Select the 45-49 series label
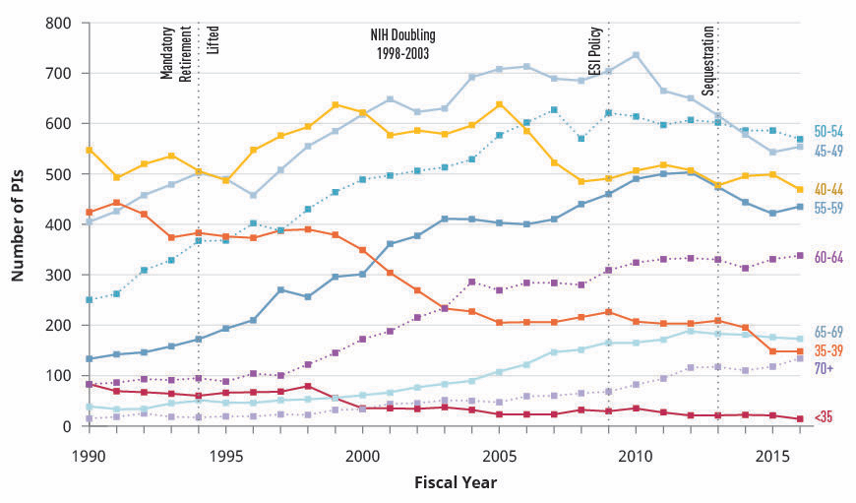[828, 151]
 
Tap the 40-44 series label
[828, 190]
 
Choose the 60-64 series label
[828, 257]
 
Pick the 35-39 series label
[828, 351]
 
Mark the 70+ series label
[825, 369]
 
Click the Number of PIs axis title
[19, 224]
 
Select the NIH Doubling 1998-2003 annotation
[399, 43]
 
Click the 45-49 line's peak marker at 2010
[636, 55]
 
